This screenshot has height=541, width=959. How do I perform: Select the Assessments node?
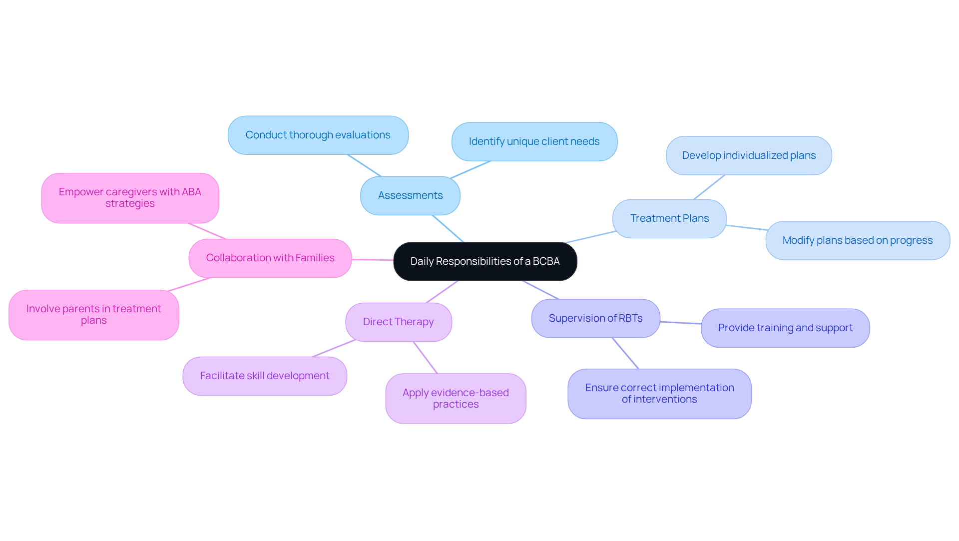410,196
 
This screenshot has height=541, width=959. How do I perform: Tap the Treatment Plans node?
669,219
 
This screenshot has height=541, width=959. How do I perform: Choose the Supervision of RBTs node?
595,319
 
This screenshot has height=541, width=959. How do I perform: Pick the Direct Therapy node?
398,322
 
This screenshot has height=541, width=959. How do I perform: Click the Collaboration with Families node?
270,258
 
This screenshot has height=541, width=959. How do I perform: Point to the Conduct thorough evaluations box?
318,135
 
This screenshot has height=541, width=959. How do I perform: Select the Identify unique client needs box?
534,142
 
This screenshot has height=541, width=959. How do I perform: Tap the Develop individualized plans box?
749,156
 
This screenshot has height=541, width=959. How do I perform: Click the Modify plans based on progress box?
857,241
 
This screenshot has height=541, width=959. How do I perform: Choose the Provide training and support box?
785,328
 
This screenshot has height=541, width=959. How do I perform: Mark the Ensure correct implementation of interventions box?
659,394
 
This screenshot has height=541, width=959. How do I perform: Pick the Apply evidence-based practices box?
456,399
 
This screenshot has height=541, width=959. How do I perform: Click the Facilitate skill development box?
265,376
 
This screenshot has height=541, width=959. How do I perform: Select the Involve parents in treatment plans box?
94,315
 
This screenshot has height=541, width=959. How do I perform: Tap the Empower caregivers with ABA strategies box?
130,198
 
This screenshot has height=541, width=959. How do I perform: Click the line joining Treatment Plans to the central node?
590,237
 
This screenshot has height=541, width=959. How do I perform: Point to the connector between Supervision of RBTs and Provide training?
681,323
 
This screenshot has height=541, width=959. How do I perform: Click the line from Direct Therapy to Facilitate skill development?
334,349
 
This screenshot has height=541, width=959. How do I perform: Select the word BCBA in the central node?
546,262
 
